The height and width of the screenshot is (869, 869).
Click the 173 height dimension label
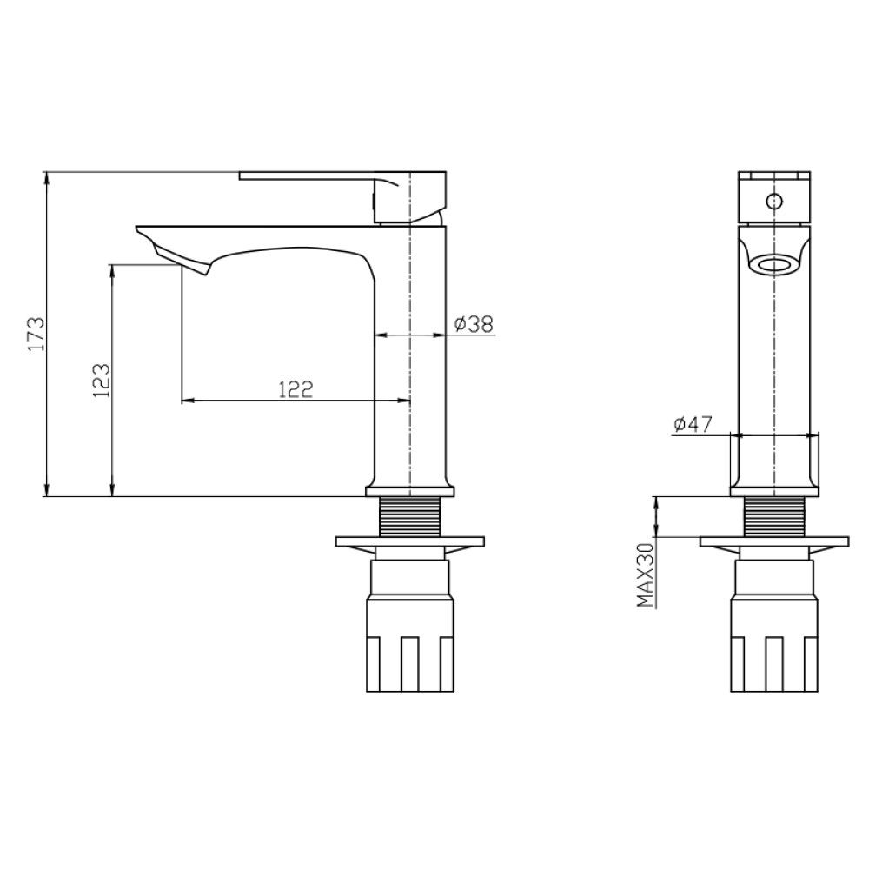click(36, 334)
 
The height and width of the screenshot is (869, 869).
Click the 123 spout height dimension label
click(102, 381)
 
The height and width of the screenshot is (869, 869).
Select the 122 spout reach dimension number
click(295, 389)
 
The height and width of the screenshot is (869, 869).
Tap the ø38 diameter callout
click(474, 323)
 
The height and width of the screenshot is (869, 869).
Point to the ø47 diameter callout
click(693, 425)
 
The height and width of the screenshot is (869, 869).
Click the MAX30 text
click(646, 574)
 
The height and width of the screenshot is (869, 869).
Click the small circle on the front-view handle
click(773, 201)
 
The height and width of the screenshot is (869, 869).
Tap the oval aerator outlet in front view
click(774, 264)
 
